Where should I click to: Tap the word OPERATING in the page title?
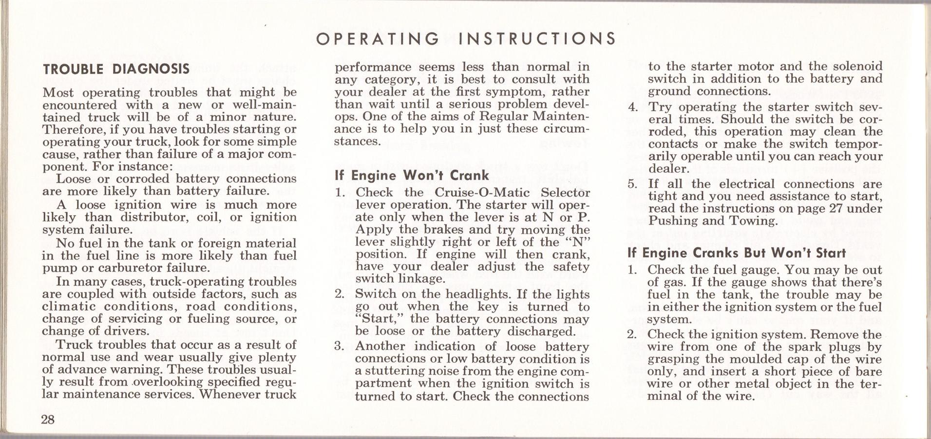point(378,39)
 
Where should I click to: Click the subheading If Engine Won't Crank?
point(412,175)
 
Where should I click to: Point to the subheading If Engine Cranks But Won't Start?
point(737,253)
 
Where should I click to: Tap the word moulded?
point(758,359)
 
